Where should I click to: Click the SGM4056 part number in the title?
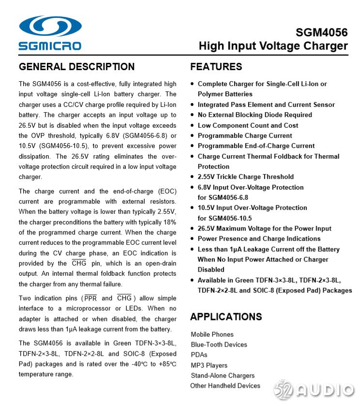pos(321,32)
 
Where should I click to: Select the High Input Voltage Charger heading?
pos(273,46)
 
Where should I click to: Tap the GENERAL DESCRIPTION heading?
pos(76,67)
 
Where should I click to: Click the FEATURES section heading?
pos(216,67)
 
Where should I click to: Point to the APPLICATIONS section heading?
pos(226,317)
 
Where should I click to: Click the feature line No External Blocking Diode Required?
pos(255,115)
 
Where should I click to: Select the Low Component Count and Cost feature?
pos(248,125)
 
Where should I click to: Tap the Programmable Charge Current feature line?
pos(245,135)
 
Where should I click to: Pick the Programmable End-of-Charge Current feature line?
pos(256,146)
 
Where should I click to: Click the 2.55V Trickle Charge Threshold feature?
pos(245,177)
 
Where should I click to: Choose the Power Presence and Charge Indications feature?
pos(259,239)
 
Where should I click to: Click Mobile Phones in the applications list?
pos(212,334)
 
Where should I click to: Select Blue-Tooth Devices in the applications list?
pos(219,345)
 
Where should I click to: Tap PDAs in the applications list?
pos(199,355)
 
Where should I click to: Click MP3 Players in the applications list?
pos(209,365)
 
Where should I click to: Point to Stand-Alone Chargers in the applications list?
pos(223,376)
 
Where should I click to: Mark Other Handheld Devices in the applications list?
pos(225,386)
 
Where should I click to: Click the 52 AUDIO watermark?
pos(314,390)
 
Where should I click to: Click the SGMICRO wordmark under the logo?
pos(50,46)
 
